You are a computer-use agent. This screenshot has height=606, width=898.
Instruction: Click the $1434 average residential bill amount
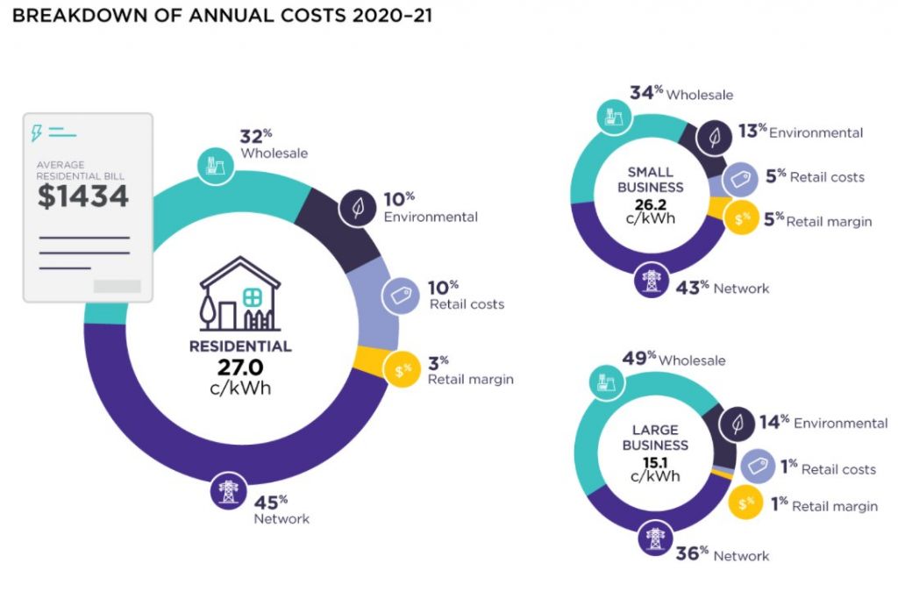(82, 196)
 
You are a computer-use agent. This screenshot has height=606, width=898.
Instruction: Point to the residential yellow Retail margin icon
(403, 371)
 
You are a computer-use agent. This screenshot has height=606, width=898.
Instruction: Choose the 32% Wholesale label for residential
(273, 144)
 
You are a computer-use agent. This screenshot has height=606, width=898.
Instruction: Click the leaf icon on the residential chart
(358, 209)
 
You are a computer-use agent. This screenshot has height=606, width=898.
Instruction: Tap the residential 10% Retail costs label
(466, 295)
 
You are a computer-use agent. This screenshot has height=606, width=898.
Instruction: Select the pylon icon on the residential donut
(228, 491)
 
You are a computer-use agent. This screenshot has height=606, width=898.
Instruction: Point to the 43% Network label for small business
(722, 287)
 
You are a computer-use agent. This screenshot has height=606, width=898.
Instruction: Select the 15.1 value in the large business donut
(650, 461)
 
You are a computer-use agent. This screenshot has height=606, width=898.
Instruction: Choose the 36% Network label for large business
(723, 555)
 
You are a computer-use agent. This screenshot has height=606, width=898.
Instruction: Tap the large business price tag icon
(756, 467)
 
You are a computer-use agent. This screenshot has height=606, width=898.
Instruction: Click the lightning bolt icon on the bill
(37, 132)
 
